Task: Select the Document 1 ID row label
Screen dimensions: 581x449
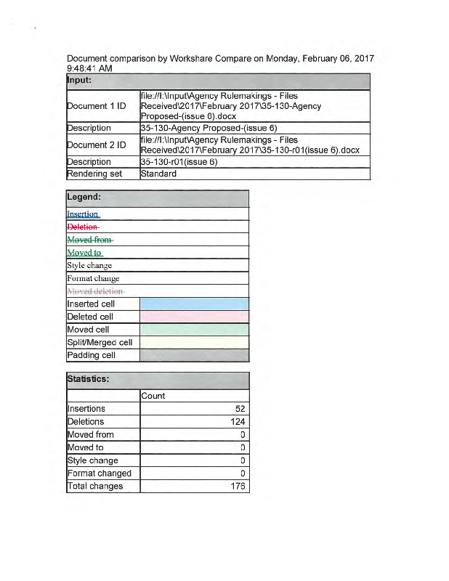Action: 97,106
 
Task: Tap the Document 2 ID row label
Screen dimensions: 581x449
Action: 97,145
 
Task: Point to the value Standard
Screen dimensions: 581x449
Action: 159,174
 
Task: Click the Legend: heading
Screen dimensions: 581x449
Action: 84,197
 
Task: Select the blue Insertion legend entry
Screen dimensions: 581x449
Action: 83,214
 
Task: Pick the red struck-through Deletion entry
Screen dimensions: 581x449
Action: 82,227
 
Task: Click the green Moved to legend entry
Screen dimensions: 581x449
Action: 84,253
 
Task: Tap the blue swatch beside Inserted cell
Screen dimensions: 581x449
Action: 194,304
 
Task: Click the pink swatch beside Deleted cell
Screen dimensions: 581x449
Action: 194,317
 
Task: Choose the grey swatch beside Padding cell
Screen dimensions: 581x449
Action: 194,355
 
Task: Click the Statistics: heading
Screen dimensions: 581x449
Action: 88,378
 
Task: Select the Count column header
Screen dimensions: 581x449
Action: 153,396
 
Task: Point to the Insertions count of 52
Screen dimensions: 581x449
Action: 240,409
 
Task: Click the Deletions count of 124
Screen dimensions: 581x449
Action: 238,422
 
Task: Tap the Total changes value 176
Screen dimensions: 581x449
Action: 238,486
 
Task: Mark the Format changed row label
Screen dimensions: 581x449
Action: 100,474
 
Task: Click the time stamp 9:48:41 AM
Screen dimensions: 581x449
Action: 89,68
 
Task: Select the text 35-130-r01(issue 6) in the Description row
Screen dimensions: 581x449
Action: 179,162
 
